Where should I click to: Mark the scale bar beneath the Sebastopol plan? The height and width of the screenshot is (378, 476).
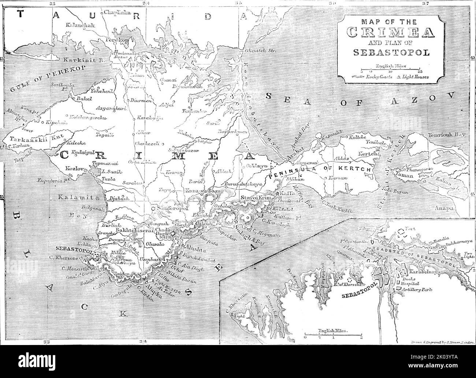333,334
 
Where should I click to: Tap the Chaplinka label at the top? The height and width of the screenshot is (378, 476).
117,12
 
